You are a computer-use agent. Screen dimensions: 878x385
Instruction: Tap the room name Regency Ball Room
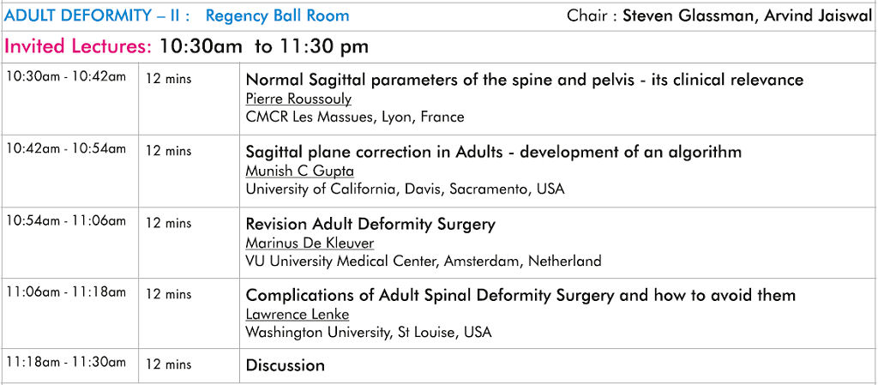click(277, 15)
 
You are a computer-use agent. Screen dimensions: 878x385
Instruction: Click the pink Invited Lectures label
click(78, 46)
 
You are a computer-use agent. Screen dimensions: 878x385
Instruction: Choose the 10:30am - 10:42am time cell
click(66, 77)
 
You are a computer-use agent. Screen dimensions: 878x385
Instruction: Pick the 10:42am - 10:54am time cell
click(66, 149)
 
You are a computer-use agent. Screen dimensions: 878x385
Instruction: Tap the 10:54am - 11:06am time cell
click(66, 221)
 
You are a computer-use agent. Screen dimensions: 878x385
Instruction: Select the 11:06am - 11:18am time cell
click(66, 292)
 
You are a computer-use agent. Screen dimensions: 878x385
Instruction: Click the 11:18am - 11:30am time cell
click(66, 363)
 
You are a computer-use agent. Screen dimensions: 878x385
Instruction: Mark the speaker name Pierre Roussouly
click(298, 99)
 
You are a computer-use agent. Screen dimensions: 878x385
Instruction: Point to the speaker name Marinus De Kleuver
click(310, 244)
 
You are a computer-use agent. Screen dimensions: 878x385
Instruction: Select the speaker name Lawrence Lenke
click(298, 315)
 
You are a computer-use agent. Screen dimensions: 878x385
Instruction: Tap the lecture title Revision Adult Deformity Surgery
click(370, 225)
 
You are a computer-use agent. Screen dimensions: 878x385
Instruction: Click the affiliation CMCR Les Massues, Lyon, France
click(355, 117)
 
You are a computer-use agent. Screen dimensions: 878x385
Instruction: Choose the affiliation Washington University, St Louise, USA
click(369, 333)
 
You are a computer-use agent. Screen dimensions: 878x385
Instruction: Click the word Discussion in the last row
click(285, 365)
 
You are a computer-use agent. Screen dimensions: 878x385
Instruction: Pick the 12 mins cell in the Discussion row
click(169, 364)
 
